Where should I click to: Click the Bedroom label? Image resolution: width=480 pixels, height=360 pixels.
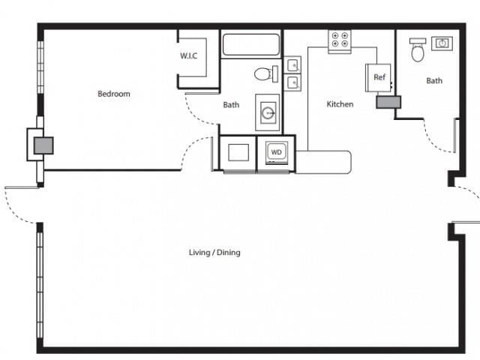[113, 94]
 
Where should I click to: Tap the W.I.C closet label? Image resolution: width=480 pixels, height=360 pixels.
[189, 55]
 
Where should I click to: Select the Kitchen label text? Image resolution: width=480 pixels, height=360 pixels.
[340, 104]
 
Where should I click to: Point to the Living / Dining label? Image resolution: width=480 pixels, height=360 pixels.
[214, 253]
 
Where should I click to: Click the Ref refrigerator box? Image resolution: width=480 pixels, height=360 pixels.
[379, 77]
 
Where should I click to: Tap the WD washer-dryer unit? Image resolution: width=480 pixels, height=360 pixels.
[276, 153]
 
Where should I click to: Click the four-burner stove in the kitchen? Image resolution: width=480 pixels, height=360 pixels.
[339, 40]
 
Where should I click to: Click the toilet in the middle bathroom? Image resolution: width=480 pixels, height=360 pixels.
[263, 73]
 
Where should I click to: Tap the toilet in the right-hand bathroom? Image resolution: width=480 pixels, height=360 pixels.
[418, 52]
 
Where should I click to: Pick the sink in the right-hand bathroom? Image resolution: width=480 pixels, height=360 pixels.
[441, 43]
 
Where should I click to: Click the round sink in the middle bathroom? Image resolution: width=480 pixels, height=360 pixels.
[268, 113]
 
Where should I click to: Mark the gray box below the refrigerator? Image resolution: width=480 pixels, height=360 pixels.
[388, 102]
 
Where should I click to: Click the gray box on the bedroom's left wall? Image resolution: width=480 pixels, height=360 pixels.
[43, 145]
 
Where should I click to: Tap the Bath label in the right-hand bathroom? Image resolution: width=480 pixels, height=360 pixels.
[434, 80]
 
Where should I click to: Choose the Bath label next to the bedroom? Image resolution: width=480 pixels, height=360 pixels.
[231, 104]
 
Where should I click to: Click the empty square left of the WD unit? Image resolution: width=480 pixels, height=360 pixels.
[238, 153]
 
